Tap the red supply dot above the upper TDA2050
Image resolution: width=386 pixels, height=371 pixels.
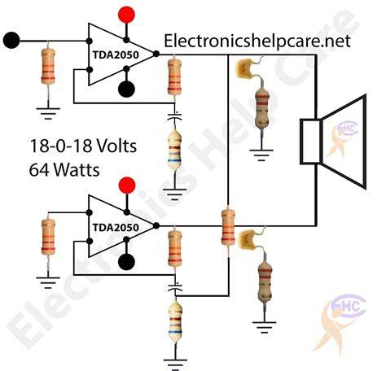pyautogui.click(x=125, y=15)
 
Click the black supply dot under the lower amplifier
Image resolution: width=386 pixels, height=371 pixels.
pyautogui.click(x=126, y=261)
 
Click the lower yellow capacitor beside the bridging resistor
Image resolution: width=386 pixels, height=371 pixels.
pyautogui.click(x=247, y=239)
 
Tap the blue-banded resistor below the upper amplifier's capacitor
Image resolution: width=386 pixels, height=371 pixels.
pyautogui.click(x=173, y=151)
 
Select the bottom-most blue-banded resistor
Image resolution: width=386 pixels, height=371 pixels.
pyautogui.click(x=173, y=321)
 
